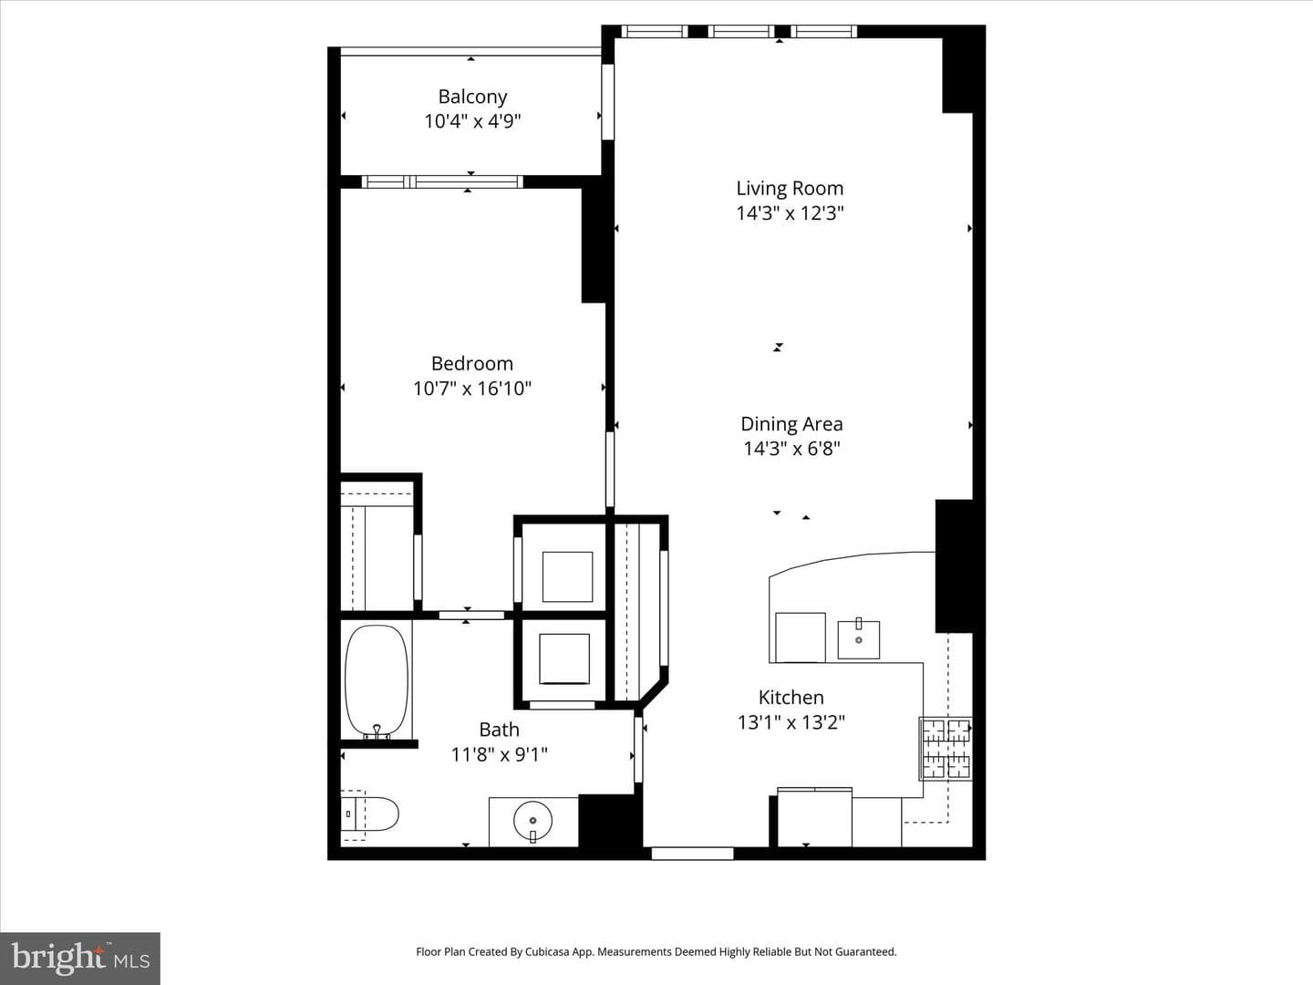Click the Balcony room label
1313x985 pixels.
click(472, 97)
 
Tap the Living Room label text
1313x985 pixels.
click(790, 189)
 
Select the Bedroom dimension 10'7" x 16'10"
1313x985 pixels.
click(472, 389)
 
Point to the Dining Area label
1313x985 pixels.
click(791, 424)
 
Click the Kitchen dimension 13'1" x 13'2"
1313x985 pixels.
click(791, 722)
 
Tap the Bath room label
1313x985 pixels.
click(499, 730)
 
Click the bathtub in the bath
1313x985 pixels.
click(377, 681)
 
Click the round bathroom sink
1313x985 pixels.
click(532, 821)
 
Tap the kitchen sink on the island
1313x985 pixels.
click(858, 639)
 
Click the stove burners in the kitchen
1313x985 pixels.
click(946, 748)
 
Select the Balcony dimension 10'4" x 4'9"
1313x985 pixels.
click(472, 122)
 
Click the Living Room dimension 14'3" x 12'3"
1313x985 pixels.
click(790, 213)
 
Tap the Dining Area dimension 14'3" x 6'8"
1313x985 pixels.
click(791, 449)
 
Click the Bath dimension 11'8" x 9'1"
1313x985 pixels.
click(499, 755)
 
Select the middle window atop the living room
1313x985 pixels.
click(741, 31)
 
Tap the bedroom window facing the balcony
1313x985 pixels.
click(442, 181)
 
